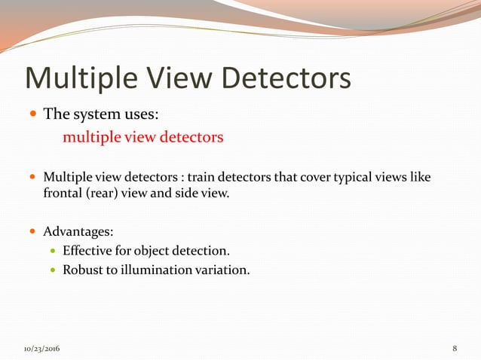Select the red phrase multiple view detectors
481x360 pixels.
click(143, 138)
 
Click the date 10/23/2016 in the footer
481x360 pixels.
click(42, 349)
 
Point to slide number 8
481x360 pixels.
click(455, 349)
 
